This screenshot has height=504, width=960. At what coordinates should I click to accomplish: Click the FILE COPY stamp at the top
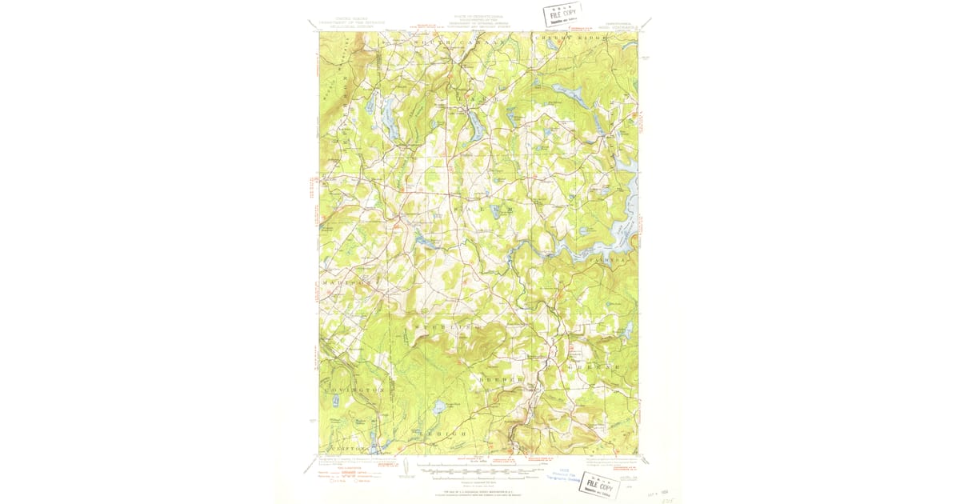[562, 14]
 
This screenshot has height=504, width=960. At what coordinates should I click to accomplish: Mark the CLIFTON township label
[346, 450]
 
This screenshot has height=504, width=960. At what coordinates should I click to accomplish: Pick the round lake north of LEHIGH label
[438, 407]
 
